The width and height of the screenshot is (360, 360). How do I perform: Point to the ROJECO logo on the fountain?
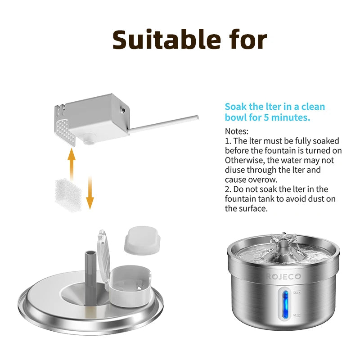tap(283, 276)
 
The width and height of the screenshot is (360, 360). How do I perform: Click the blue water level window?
tap(284, 304)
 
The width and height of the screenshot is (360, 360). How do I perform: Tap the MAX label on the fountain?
tap(297, 293)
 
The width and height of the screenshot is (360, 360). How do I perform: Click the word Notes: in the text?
tap(237, 131)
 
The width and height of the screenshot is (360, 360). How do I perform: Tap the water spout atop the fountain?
tap(283, 243)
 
